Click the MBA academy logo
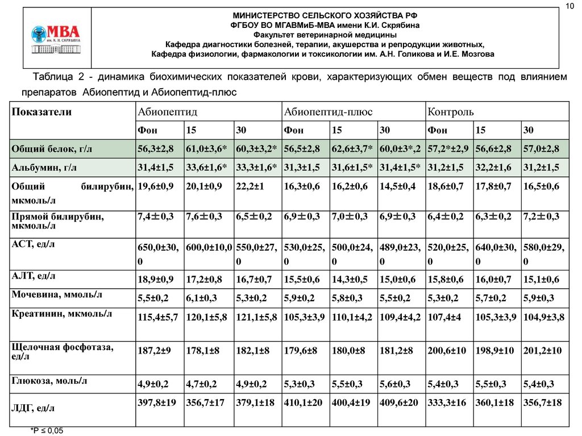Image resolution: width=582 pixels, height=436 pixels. click(56, 39)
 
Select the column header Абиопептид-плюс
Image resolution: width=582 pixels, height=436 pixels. click(328, 112)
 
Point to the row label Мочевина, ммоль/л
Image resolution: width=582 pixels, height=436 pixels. click(57, 294)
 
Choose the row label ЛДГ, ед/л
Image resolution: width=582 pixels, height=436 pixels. click(34, 408)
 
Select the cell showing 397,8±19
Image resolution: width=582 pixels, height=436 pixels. click(156, 402)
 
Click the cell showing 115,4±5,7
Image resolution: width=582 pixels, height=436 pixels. click(157, 317)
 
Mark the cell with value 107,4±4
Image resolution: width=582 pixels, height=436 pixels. click(445, 317)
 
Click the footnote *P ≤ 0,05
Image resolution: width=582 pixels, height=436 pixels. click(47, 431)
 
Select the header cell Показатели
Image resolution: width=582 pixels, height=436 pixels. click(41, 112)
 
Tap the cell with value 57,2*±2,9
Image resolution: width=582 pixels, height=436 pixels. click(448, 149)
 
